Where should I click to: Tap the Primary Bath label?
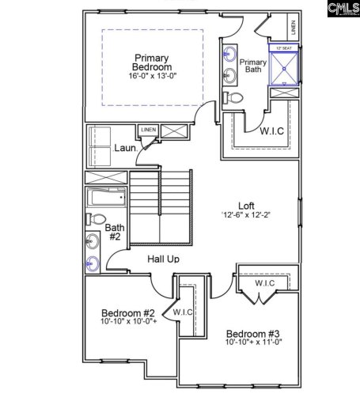coord(253,66)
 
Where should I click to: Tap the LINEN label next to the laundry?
coord(148,130)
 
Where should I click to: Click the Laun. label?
coord(126,147)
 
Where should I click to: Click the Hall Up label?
coord(162,259)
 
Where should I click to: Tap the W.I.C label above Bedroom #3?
coord(264,283)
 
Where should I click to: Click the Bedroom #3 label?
coord(251,333)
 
